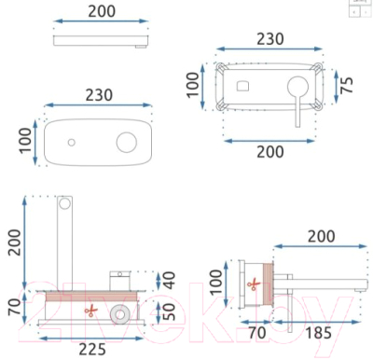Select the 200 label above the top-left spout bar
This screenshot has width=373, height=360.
(101, 12)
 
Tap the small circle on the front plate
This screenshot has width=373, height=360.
(71, 143)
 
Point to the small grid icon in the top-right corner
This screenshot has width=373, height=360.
(359, 7)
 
